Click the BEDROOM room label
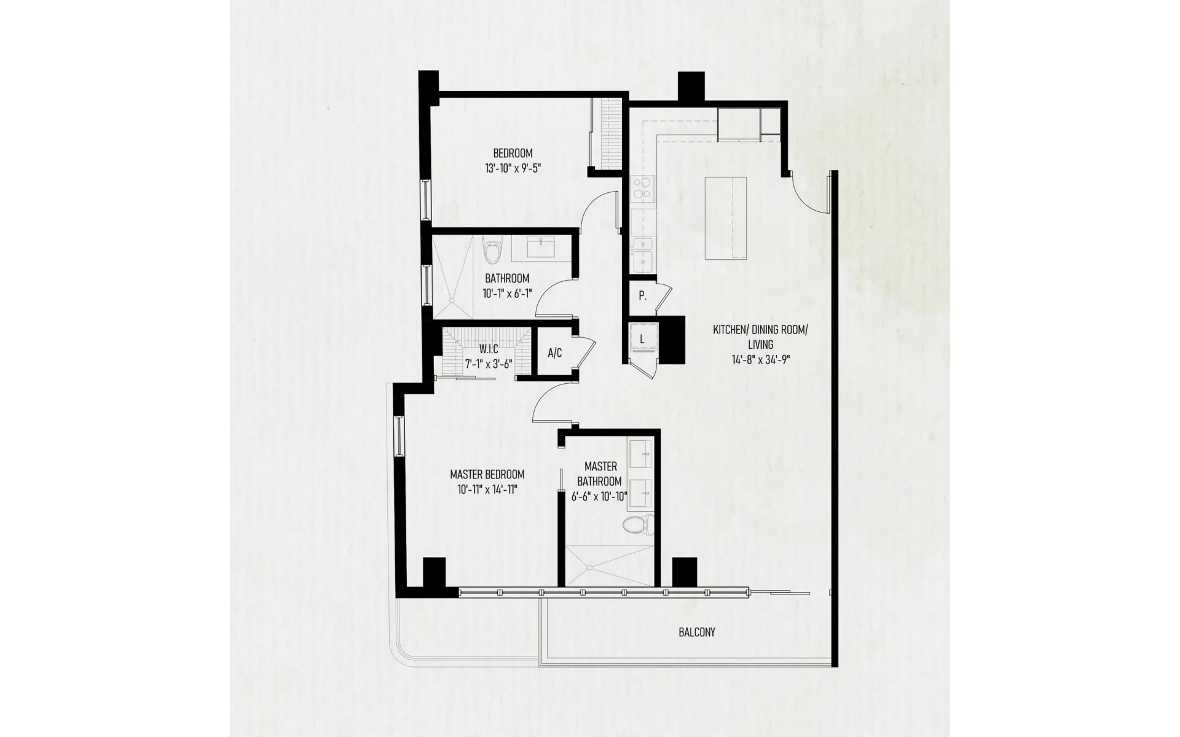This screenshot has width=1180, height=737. (x=513, y=153)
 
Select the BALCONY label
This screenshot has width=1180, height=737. (x=697, y=632)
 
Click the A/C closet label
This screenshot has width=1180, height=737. (x=554, y=353)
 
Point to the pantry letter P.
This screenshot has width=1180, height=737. (x=642, y=296)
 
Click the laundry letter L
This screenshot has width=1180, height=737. (x=642, y=339)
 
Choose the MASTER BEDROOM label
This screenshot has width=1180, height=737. (x=487, y=474)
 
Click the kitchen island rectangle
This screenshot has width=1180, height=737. (x=726, y=218)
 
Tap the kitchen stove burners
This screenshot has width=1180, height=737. (x=643, y=189)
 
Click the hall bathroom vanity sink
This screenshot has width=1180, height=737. (x=541, y=247)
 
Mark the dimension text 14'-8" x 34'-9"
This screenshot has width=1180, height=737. (x=760, y=360)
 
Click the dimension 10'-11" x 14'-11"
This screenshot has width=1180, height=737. (x=487, y=489)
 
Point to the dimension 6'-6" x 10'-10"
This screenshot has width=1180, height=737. (x=599, y=496)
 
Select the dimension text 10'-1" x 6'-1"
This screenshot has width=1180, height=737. (x=506, y=293)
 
